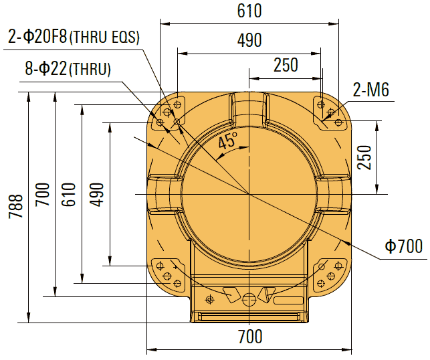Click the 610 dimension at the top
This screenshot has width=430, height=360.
[x=249, y=11]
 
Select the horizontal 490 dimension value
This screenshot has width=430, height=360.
[x=249, y=41]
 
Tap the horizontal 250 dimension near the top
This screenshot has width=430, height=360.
[x=286, y=65]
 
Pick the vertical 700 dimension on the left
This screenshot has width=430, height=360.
[x=42, y=195]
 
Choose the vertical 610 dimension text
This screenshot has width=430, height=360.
[x=67, y=194]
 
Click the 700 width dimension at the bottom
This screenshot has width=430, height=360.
[x=249, y=337]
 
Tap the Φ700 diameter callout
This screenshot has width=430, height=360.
[x=404, y=247]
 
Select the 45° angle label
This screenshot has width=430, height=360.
[x=228, y=141]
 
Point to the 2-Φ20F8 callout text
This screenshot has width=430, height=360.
[x=38, y=37]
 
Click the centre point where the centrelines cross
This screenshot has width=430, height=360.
[x=249, y=194]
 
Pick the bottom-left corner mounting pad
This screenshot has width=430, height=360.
[x=168, y=274]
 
